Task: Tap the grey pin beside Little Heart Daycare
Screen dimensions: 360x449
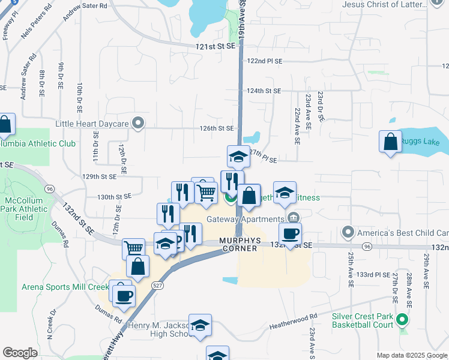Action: tap(139, 124)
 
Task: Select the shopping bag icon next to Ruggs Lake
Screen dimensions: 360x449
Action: tap(390, 142)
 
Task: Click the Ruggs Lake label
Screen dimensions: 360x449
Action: tap(424, 142)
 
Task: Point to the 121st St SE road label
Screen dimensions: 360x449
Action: tap(215, 46)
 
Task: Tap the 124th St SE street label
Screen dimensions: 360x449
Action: tap(264, 91)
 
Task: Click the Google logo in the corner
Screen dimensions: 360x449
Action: tap(20, 353)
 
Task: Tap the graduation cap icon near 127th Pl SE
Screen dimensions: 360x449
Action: tap(238, 157)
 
